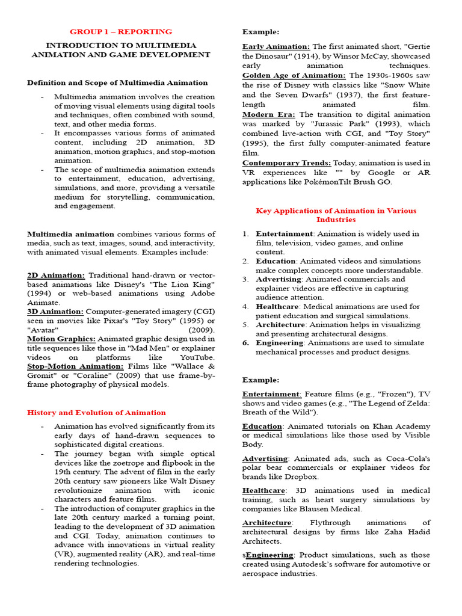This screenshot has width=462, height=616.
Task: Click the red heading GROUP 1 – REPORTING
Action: [x=121, y=31]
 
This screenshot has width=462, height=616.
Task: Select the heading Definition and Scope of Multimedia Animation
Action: [x=117, y=82]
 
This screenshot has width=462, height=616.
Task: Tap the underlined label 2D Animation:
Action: [x=56, y=274]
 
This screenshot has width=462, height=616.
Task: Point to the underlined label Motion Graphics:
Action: [x=61, y=339]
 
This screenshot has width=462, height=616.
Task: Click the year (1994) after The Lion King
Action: [x=40, y=293]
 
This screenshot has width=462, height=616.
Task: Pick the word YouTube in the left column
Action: [x=195, y=357]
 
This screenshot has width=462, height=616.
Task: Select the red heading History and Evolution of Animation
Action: [x=96, y=412]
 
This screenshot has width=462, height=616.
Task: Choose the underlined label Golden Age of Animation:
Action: [x=294, y=75]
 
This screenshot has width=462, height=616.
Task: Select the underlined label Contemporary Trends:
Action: [x=287, y=162]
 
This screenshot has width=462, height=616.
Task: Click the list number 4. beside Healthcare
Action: [x=245, y=306]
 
